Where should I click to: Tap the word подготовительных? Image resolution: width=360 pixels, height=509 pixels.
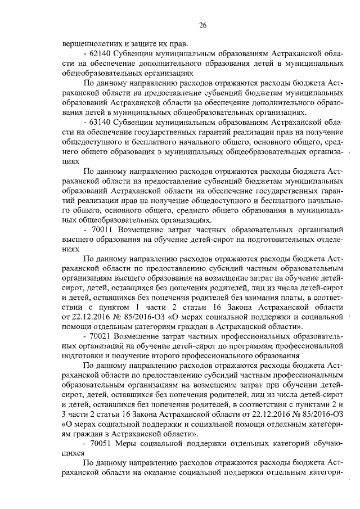click(277, 239)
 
